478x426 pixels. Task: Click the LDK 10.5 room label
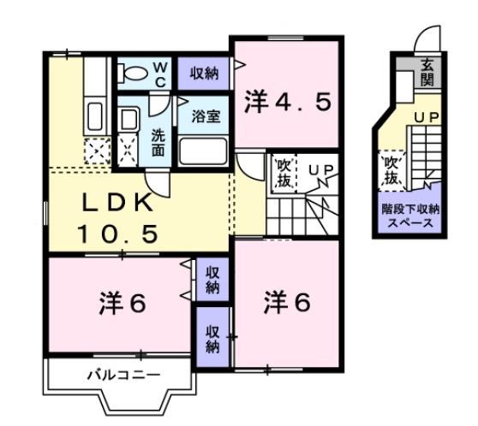pyautogui.click(x=118, y=218)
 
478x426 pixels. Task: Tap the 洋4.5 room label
pyautogui.click(x=287, y=103)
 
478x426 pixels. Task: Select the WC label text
pyautogui.click(x=159, y=74)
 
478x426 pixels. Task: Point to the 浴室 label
pyautogui.click(x=206, y=116)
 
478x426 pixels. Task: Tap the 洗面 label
pyautogui.click(x=159, y=142)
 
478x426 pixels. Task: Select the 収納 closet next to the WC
pyautogui.click(x=204, y=74)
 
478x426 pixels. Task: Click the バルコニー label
pyautogui.click(x=122, y=375)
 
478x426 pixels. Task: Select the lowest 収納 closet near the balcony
pyautogui.click(x=212, y=337)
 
